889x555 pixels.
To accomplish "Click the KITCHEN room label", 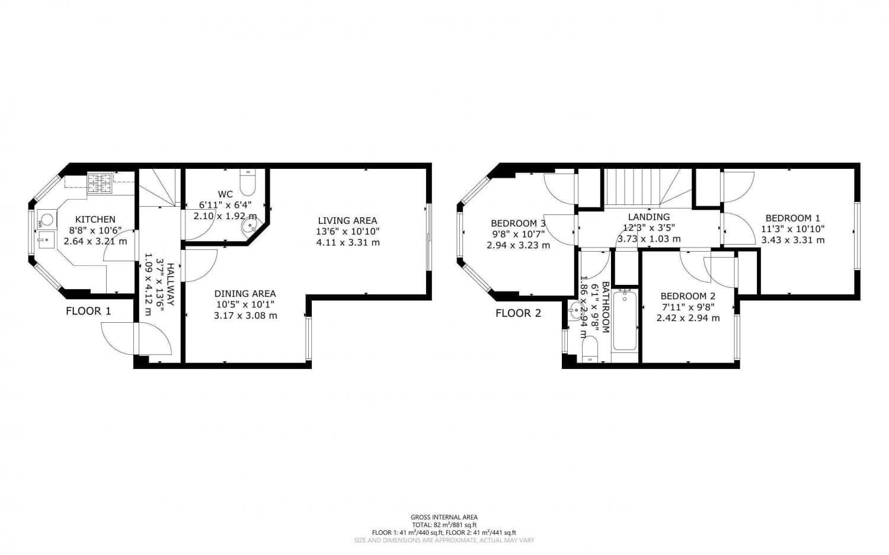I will tap(95, 219).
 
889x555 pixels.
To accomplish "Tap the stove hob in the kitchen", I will tap(100, 182).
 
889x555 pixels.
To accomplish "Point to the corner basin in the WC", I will tap(249, 227).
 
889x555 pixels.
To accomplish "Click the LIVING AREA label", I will tap(347, 220).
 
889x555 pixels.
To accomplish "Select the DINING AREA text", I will tap(245, 293).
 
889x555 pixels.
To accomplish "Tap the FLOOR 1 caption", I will tap(88, 311).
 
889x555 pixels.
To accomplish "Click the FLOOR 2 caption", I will tap(518, 313).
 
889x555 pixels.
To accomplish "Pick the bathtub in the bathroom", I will tap(625, 320).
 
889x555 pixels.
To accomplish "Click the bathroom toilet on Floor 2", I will tap(590, 349).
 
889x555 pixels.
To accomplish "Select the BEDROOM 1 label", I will tap(792, 218).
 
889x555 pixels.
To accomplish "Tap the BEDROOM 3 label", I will tap(518, 223).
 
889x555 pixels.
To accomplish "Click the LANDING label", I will tap(649, 217).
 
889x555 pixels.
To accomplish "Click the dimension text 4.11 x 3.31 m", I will tap(348, 242).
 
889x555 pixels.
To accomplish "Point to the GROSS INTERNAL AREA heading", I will tap(444, 517).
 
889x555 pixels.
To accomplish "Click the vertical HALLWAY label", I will tap(170, 284).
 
